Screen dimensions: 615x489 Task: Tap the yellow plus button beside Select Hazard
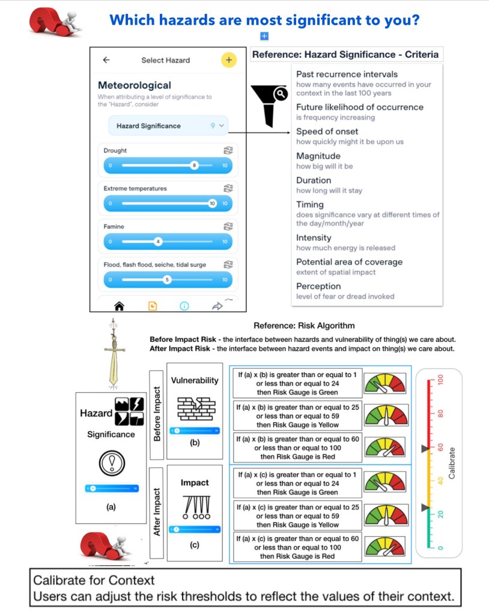coord(228,60)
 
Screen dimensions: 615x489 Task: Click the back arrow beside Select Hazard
coord(106,60)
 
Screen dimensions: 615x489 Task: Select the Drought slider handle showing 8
coord(194,165)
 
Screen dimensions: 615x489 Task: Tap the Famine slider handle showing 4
coord(158,241)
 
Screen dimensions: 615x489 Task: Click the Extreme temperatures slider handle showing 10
coord(212,204)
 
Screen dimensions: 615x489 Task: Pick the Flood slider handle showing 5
coord(168,280)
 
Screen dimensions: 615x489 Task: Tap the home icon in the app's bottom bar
coord(119,306)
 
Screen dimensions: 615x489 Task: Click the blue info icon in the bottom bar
coord(184,306)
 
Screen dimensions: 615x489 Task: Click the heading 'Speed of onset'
coord(327,132)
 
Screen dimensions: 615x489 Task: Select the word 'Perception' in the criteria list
coord(318,286)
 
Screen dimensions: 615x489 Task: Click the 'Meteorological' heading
coord(134,85)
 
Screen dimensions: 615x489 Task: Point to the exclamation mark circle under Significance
coord(111,464)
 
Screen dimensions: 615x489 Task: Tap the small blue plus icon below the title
coord(264,37)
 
